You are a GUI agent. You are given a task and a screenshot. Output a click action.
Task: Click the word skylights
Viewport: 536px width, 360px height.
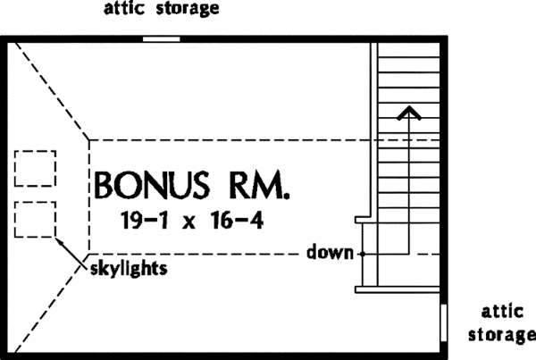point(128,267)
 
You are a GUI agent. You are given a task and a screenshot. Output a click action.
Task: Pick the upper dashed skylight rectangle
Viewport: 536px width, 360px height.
point(36,168)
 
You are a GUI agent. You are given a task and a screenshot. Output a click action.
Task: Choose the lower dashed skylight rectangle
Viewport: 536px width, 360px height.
point(36,219)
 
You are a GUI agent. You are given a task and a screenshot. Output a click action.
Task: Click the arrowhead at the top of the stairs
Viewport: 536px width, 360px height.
point(409,112)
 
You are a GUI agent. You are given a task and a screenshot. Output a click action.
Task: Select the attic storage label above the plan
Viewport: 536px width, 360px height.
point(162,11)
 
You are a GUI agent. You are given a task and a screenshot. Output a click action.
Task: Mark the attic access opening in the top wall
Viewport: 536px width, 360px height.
point(162,39)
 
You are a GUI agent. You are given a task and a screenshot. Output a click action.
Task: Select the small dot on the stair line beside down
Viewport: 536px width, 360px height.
point(363,254)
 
